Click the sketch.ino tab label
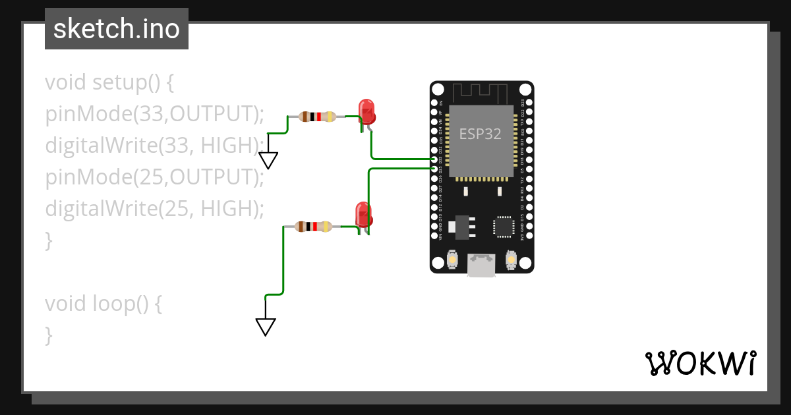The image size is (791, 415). click(x=116, y=29)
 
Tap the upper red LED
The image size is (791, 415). click(x=366, y=111)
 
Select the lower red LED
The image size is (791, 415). click(x=363, y=215)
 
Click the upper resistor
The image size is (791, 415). click(x=318, y=117)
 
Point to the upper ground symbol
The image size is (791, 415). click(x=268, y=160)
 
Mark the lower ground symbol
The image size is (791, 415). click(x=265, y=326)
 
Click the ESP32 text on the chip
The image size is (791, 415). click(x=480, y=134)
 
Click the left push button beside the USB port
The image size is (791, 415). click(x=453, y=260)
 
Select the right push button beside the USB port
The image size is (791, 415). click(x=510, y=260)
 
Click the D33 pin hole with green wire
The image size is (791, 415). click(x=434, y=159)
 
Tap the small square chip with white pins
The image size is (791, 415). click(x=504, y=226)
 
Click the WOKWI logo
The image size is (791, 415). click(x=700, y=363)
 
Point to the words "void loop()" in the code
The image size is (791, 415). click(x=95, y=304)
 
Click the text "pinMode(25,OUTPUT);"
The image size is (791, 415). click(x=154, y=177)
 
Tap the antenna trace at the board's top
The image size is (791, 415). click(x=481, y=92)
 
